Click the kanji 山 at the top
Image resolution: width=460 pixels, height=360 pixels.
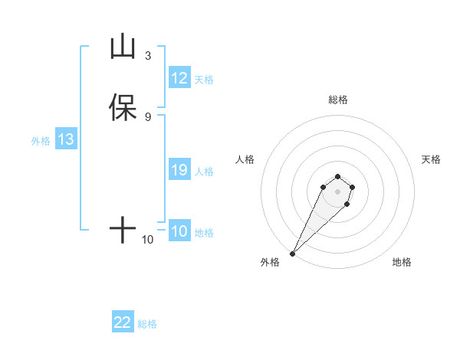[123, 47]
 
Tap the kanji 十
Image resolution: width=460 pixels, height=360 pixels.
[123, 229]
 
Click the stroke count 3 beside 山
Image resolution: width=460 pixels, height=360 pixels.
[148, 56]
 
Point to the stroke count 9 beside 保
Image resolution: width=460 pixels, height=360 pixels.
[148, 116]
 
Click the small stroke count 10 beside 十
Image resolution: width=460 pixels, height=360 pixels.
[148, 240]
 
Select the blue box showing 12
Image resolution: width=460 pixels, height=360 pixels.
[179, 78]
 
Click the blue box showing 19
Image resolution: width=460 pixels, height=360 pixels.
[179, 171]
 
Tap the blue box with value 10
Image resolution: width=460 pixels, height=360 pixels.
[179, 231]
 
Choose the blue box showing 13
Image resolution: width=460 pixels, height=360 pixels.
[66, 140]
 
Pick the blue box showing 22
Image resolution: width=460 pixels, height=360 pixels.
[123, 322]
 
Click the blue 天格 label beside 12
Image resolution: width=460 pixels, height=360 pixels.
[204, 80]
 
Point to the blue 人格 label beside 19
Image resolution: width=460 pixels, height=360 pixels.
[205, 172]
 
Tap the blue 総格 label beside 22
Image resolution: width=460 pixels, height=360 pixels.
[147, 324]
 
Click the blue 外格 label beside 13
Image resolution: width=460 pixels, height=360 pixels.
[40, 141]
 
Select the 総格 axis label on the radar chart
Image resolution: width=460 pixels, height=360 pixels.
[338, 100]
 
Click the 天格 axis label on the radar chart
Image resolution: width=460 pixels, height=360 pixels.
[431, 159]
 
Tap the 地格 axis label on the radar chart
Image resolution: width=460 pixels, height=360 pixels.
[402, 263]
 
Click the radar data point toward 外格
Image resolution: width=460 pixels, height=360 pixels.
[292, 254]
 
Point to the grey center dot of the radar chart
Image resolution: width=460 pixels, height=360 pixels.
[338, 191]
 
